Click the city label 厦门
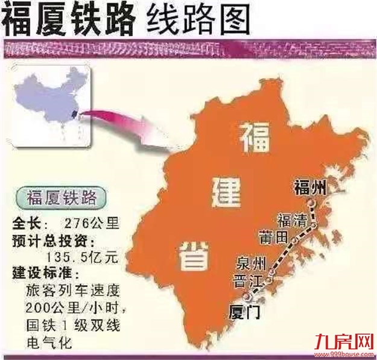(x=244, y=312)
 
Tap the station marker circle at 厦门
(x=248, y=297)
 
